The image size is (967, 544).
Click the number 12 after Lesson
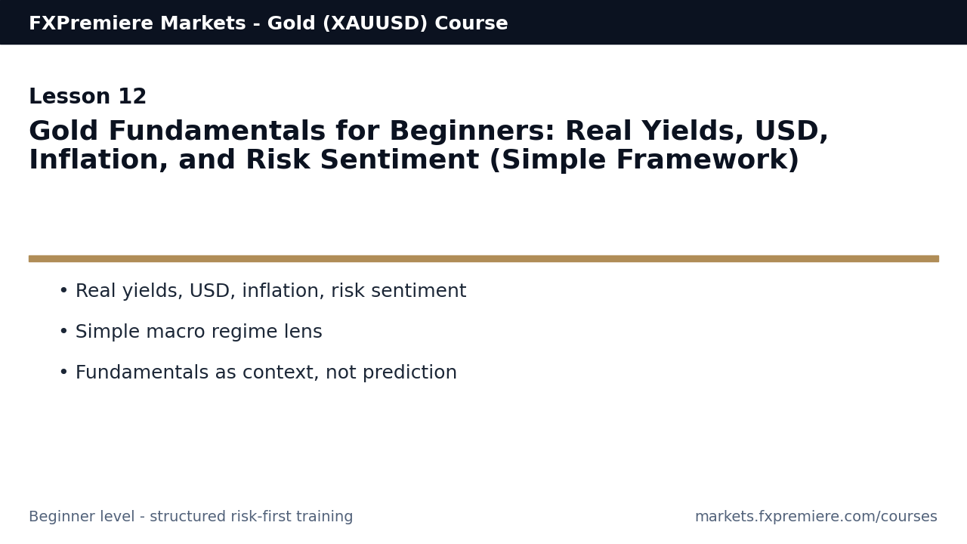pos(132,97)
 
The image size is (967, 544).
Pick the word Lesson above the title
pos(70,97)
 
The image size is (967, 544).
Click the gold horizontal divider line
pos(483,258)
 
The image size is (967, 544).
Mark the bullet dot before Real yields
pos(63,291)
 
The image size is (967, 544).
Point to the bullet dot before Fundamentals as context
pos(63,372)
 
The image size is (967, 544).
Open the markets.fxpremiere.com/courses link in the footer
pos(816,517)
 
